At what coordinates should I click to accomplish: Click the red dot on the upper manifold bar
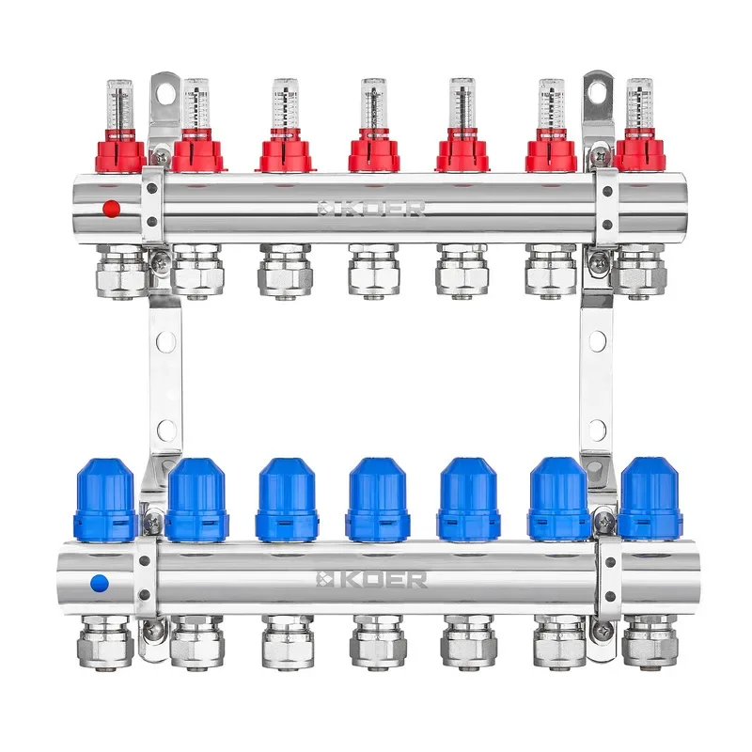pos(111,209)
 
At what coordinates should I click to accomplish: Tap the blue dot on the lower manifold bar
pos(100,584)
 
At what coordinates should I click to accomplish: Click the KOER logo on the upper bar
pos(371,209)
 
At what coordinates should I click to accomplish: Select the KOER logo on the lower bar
pos(371,579)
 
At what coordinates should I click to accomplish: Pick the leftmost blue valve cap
pos(105,500)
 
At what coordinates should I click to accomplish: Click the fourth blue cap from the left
pos(377,499)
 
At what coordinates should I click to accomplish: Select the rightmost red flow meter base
pos(639,153)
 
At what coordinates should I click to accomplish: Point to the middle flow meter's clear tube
pos(373,103)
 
